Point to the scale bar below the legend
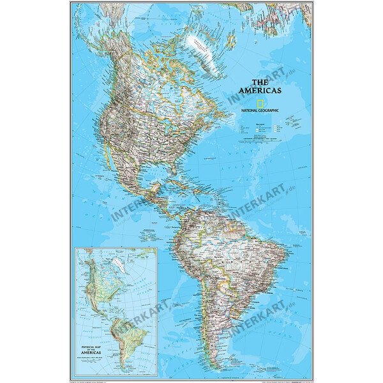[268, 138]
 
